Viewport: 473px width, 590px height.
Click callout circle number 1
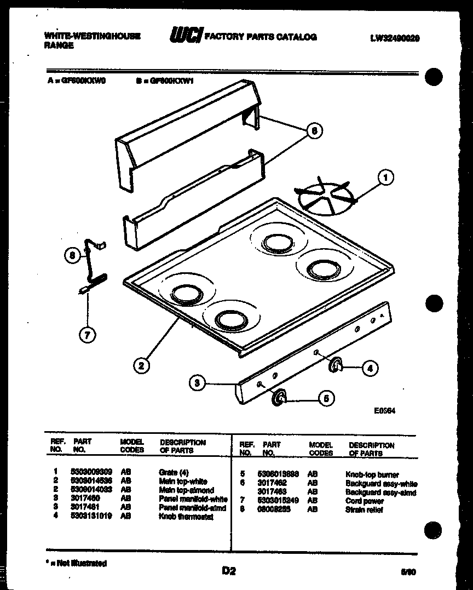[386, 177]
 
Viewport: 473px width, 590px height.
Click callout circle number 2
[141, 365]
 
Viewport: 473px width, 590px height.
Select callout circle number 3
[198, 383]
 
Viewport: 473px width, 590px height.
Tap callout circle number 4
[370, 368]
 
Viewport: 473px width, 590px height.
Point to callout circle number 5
[326, 399]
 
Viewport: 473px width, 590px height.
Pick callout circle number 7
[87, 334]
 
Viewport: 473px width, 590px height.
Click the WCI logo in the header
[186, 36]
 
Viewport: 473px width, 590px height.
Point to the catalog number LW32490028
[395, 38]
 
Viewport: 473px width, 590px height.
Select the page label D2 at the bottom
[229, 571]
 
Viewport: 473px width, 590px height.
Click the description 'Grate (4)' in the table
[174, 472]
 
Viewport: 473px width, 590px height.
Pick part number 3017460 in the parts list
[84, 499]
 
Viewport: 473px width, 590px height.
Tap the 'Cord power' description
[365, 501]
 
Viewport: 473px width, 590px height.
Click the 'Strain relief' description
[364, 509]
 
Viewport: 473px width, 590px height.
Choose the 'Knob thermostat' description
[186, 517]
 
